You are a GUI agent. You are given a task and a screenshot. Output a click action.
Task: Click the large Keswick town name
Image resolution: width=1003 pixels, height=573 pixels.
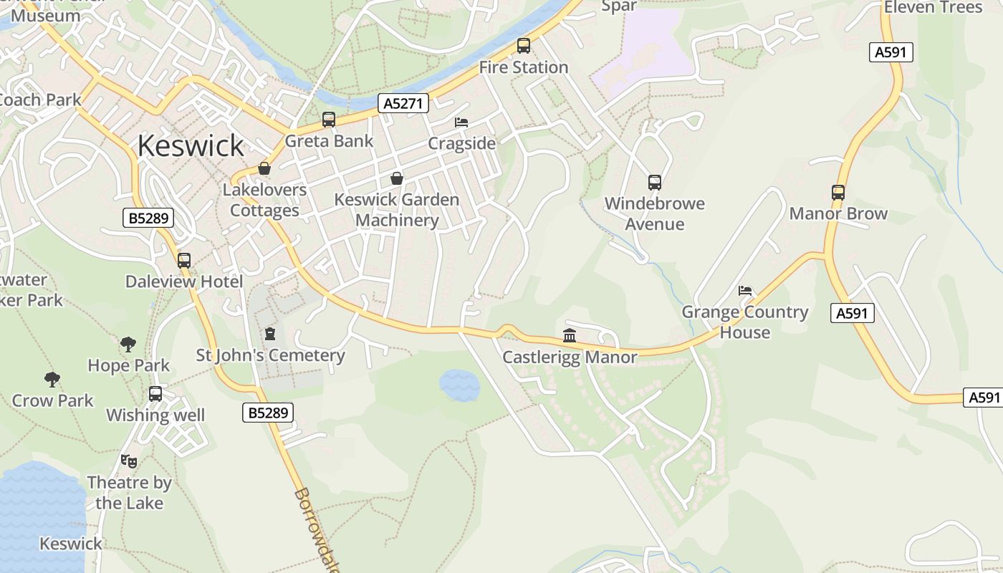click(x=191, y=145)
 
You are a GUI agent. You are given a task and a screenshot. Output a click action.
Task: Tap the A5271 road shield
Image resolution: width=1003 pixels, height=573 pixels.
click(x=403, y=103)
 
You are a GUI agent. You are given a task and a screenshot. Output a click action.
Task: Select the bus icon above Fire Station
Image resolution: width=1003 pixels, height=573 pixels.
click(x=524, y=46)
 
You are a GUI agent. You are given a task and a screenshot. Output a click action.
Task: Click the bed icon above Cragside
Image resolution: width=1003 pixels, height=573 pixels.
click(x=461, y=122)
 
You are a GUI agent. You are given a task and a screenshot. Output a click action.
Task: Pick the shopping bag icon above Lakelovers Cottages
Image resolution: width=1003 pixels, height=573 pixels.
click(x=264, y=168)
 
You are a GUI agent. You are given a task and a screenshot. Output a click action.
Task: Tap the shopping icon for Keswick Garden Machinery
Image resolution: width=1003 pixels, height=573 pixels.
click(x=397, y=178)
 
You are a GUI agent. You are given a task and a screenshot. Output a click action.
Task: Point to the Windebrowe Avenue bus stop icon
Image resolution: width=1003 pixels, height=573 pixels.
click(x=654, y=183)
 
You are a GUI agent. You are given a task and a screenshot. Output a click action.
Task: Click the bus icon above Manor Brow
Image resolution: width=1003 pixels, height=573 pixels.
click(x=838, y=192)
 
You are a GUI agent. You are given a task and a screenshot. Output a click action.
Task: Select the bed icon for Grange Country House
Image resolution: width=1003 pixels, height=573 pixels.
click(x=745, y=291)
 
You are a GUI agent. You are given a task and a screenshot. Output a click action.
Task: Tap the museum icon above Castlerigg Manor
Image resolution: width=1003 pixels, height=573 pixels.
click(x=570, y=335)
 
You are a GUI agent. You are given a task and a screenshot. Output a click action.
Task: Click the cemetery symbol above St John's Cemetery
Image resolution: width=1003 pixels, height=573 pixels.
click(x=270, y=333)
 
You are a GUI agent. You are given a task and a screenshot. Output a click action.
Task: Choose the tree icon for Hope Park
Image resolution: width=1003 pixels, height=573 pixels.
click(x=128, y=345)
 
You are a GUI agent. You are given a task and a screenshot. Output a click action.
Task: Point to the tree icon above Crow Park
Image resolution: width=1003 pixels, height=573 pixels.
click(x=52, y=379)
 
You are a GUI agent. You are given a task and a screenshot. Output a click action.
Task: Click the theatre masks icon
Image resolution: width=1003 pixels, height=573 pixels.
click(x=129, y=461)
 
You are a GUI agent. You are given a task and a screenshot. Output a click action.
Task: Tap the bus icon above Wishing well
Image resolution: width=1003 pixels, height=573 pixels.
click(x=155, y=394)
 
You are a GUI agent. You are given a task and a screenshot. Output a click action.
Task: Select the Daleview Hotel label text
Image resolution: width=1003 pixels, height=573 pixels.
click(x=184, y=281)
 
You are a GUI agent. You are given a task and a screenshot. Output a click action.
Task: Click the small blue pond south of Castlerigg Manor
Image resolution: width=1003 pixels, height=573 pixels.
click(x=459, y=385)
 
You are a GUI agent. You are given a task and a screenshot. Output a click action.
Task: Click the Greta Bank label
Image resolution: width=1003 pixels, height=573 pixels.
click(x=329, y=140)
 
